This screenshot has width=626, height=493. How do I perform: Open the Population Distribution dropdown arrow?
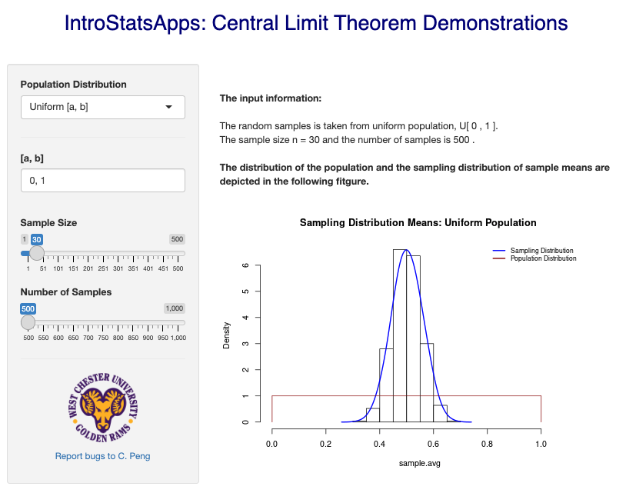pyautogui.click(x=169, y=107)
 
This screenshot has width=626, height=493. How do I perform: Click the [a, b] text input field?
pyautogui.click(x=103, y=181)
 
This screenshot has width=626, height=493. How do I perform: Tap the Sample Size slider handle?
pyautogui.click(x=37, y=253)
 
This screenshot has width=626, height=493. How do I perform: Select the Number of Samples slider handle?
pyautogui.click(x=28, y=322)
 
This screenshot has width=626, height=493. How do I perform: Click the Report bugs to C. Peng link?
pyautogui.click(x=102, y=456)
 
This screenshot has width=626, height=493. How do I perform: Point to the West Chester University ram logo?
pyautogui.click(x=103, y=408)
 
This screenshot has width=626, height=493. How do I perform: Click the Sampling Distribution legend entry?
pyautogui.click(x=534, y=251)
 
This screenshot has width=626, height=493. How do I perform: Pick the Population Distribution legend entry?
pyautogui.click(x=535, y=258)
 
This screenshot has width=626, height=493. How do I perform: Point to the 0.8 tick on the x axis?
pyautogui.click(x=487, y=431)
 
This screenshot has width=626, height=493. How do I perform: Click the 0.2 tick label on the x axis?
pyautogui.click(x=326, y=444)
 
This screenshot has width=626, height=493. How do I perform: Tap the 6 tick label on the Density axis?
pyautogui.click(x=246, y=265)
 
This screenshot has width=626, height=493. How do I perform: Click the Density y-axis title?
pyautogui.click(x=226, y=335)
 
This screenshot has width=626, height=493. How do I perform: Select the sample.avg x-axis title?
pyautogui.click(x=420, y=463)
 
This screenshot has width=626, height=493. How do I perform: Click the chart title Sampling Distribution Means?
pyautogui.click(x=418, y=222)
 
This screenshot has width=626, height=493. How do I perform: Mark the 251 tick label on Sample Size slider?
pyautogui.click(x=103, y=268)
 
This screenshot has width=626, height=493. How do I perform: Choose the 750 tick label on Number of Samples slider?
pyautogui.click(x=103, y=338)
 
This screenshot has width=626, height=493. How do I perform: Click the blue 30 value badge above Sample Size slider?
pyautogui.click(x=37, y=239)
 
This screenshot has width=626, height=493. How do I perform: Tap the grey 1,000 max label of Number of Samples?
pyautogui.click(x=175, y=308)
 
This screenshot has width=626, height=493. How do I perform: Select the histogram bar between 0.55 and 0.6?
pyautogui.click(x=426, y=382)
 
